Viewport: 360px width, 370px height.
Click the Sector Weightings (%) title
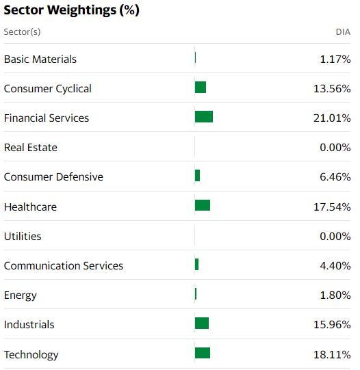click(71, 12)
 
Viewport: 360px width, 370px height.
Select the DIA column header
click(343, 32)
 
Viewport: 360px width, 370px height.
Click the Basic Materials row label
click(40, 59)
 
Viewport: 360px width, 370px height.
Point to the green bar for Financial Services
click(203, 117)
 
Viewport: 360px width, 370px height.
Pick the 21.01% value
click(331, 118)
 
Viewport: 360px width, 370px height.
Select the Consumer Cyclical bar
click(200, 88)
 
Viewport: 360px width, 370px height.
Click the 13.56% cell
click(331, 89)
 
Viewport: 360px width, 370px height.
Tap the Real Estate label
click(31, 147)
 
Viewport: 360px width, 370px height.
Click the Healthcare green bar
click(202, 205)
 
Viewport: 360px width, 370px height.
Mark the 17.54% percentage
click(331, 207)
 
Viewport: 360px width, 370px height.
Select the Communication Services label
click(64, 265)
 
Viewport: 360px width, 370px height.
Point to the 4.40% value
click(335, 266)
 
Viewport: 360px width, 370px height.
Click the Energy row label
click(21, 295)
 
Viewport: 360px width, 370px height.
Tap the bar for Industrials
click(201, 323)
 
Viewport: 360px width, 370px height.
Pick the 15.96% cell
click(331, 325)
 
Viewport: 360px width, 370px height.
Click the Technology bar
click(202, 353)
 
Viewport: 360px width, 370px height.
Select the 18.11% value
click(331, 355)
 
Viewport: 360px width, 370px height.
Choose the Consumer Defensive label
click(53, 176)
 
